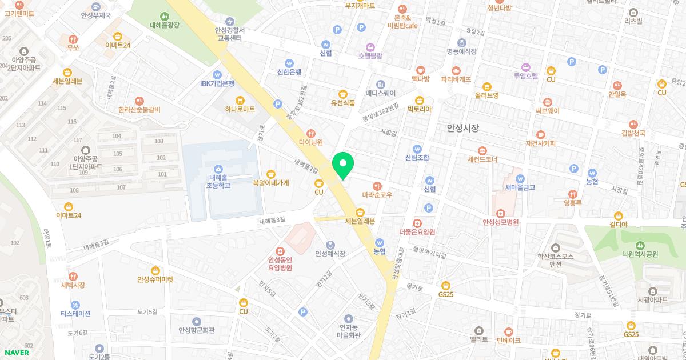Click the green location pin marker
(343, 165)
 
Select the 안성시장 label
(462, 129)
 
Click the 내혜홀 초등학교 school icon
(218, 169)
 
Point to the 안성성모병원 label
(500, 222)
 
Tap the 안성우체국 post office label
(95, 16)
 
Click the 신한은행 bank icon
(289, 63)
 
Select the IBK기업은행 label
(217, 83)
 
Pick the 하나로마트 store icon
(240, 99)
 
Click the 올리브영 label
(487, 95)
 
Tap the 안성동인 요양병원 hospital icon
(280, 250)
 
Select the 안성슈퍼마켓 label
(155, 279)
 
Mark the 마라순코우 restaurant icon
(377, 186)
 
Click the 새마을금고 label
(520, 187)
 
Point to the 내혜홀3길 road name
(272, 220)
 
